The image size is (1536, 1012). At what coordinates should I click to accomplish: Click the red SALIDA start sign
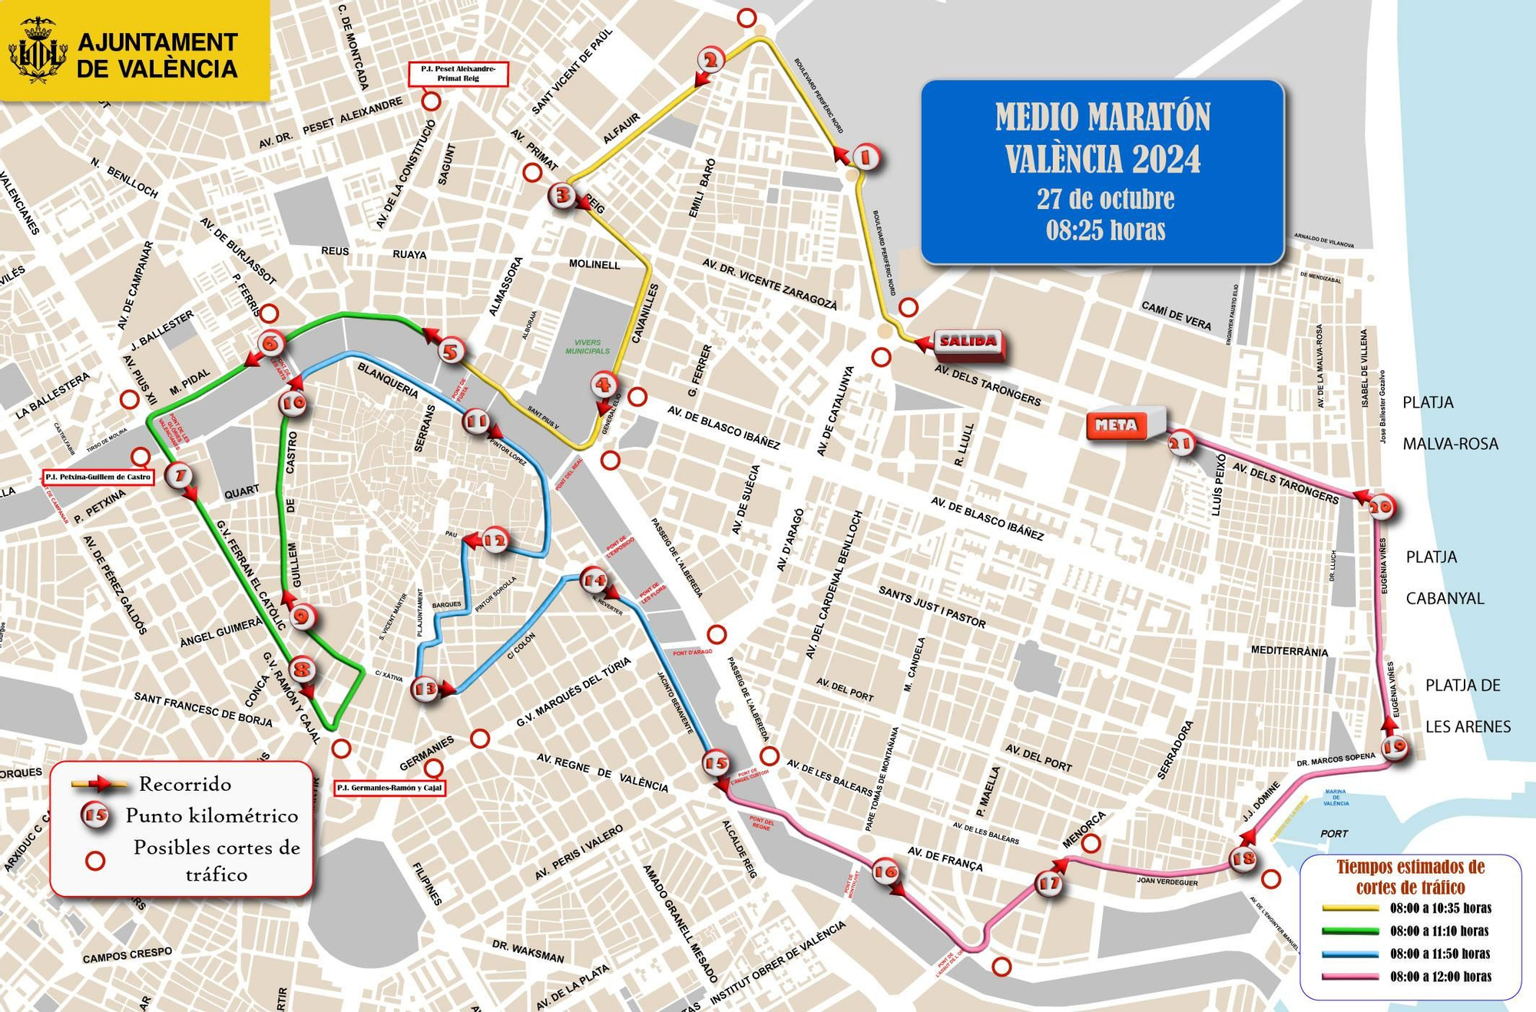pyautogui.click(x=968, y=342)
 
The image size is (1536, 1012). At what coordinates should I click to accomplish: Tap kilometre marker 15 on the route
pyautogui.click(x=716, y=763)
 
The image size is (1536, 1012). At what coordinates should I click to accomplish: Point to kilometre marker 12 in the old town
pyautogui.click(x=495, y=541)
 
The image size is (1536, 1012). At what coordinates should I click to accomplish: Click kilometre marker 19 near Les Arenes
pyautogui.click(x=1395, y=746)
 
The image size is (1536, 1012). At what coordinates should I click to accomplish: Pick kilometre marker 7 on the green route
pyautogui.click(x=179, y=476)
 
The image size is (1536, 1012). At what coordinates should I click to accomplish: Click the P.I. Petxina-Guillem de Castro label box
pyautogui.click(x=98, y=478)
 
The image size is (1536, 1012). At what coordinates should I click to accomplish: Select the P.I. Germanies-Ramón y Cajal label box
pyautogui.click(x=390, y=788)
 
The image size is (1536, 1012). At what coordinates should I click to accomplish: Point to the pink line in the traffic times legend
pyautogui.click(x=1350, y=977)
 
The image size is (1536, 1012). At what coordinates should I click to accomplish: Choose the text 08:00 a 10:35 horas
pyautogui.click(x=1440, y=908)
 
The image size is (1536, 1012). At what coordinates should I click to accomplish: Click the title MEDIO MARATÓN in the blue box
pyautogui.click(x=1102, y=117)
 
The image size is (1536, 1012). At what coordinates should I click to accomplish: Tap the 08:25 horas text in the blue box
pyautogui.click(x=1105, y=230)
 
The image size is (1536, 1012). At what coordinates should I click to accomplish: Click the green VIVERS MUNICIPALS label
pyautogui.click(x=588, y=347)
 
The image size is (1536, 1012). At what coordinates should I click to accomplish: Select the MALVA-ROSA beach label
pyautogui.click(x=1450, y=444)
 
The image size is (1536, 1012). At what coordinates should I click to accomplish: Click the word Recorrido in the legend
pyautogui.click(x=184, y=784)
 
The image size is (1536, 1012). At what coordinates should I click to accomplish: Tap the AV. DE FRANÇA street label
pyautogui.click(x=945, y=858)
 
